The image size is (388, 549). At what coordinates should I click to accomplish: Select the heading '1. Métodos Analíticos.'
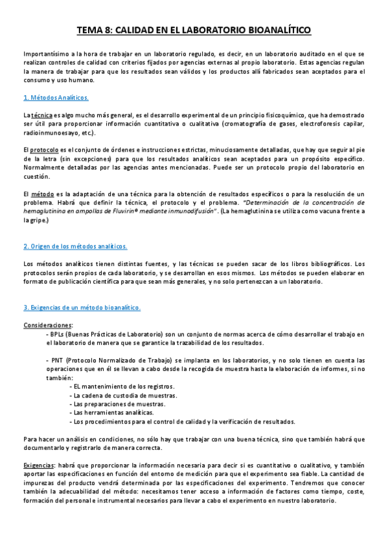pos(56,98)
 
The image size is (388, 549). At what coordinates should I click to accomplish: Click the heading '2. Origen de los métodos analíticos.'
pos(75,247)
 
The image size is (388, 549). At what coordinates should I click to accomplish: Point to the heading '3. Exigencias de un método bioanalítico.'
pos(82,308)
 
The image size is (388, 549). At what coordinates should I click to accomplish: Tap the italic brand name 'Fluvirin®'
pos(149,211)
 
